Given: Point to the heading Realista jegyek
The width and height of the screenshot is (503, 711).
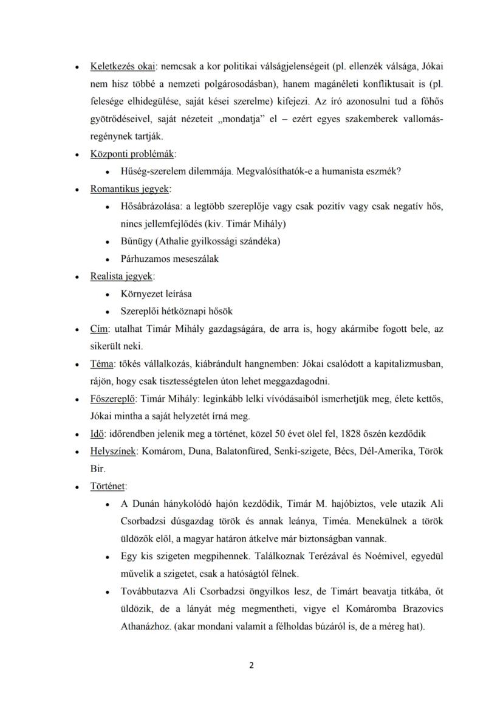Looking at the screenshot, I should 121,276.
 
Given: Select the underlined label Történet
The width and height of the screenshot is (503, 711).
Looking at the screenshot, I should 108,486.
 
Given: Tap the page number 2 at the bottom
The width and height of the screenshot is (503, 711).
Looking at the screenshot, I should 251,664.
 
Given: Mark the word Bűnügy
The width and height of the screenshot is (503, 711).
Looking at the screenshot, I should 137,241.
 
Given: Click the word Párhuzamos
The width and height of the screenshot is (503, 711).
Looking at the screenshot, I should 146,258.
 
